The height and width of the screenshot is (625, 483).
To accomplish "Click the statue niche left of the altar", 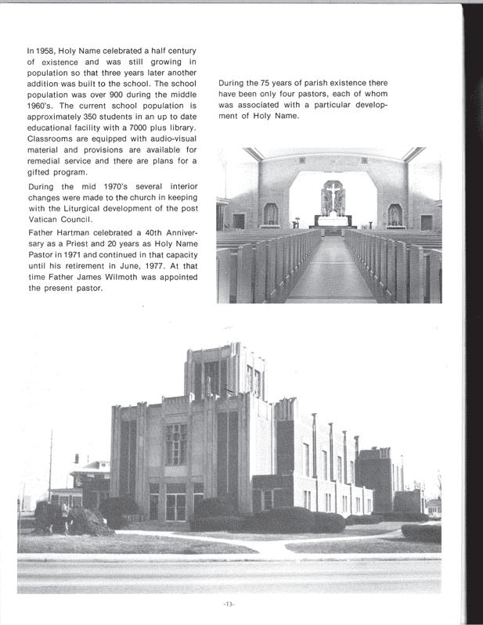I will (271, 213).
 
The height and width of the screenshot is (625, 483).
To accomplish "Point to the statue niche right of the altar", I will (395, 214).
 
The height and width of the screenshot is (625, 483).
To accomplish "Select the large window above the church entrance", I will (176, 444).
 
